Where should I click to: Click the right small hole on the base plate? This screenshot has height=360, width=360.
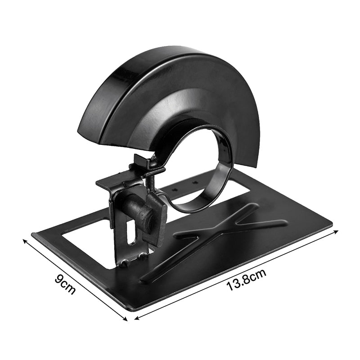[x=195, y=182]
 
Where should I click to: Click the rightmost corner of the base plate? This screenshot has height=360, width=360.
[x=332, y=223]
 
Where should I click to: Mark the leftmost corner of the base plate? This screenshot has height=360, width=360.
[x=33, y=234]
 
